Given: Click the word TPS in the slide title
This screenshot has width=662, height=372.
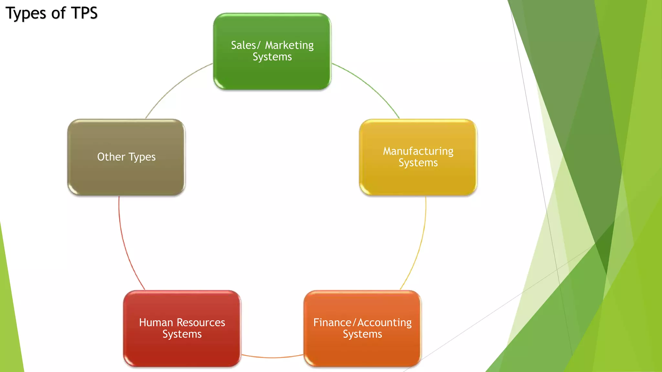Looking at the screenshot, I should pos(84,13).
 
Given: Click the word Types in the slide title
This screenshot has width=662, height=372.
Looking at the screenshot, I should pos(26,14).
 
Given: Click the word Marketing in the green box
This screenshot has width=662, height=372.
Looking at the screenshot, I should pos(289,45).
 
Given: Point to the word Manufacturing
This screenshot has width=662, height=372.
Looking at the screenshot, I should pos(418,151).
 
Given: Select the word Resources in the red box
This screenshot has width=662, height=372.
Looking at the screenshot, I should pos(201,323).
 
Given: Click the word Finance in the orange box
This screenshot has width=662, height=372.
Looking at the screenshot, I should pos(332,323).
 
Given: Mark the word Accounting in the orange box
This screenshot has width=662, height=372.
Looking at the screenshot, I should pos(385,323).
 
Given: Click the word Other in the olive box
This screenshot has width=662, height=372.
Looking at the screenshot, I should pos(111,157).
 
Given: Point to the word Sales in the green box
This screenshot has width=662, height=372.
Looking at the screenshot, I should pos(243,45).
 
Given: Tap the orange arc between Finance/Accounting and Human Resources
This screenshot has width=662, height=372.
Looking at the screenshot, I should pos(272,357).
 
